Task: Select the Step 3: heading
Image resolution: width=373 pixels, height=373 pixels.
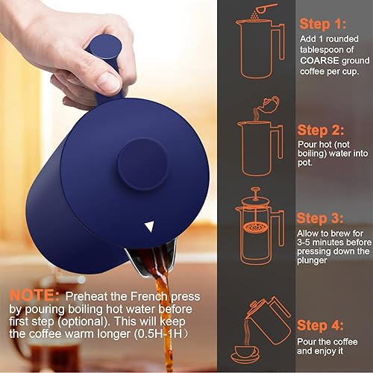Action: pos(323,219)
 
